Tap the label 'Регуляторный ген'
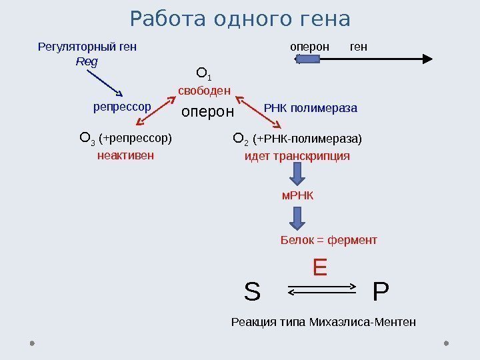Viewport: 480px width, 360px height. click(x=87, y=47)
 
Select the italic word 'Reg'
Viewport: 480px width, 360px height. click(x=87, y=61)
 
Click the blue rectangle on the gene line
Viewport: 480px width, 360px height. click(x=309, y=59)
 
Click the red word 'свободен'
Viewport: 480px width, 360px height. click(x=204, y=90)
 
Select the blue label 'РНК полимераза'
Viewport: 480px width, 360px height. click(x=311, y=107)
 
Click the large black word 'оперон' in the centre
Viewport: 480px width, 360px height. click(x=208, y=112)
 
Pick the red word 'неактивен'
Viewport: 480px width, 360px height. click(x=125, y=155)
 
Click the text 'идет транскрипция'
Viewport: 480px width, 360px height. click(x=297, y=156)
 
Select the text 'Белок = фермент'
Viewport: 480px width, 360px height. click(x=329, y=240)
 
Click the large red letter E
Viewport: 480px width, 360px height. click(x=320, y=268)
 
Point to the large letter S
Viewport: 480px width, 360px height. click(x=252, y=292)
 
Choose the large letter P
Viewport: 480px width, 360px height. click(x=381, y=292)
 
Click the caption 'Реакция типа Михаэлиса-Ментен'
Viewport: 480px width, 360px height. click(x=323, y=323)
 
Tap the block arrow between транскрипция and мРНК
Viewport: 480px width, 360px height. click(x=297, y=175)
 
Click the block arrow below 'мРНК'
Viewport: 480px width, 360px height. click(x=297, y=218)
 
